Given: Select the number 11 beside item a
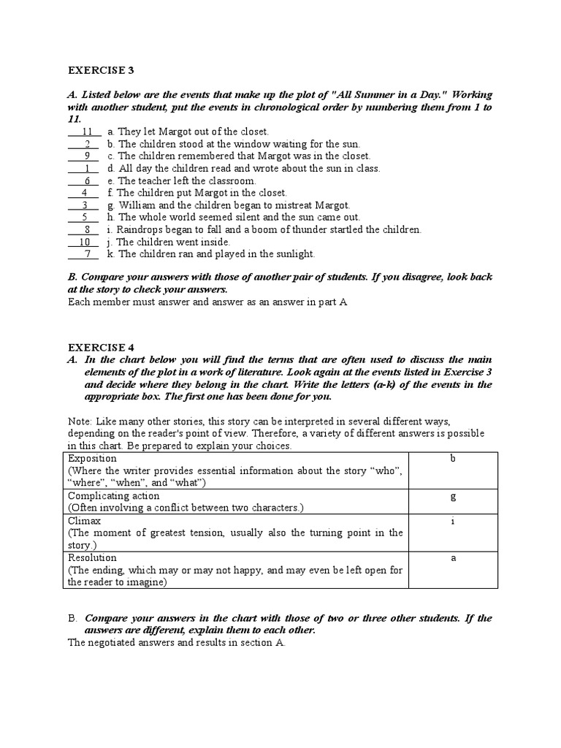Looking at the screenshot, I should point(87,131).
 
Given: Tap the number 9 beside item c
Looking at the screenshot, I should point(87,156).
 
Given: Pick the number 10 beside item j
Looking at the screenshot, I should point(85,242).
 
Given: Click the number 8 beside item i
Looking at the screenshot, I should point(87,229).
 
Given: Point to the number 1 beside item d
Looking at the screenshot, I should point(87,168).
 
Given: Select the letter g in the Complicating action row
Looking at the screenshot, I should point(453,496).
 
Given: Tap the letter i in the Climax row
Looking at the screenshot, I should point(453,522).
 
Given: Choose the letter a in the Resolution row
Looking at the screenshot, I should point(453,558).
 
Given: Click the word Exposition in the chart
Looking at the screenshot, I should point(91,459).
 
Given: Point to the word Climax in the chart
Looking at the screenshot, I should point(84,521).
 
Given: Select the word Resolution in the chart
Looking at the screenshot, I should point(92,557).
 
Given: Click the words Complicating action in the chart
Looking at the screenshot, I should point(112,496).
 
